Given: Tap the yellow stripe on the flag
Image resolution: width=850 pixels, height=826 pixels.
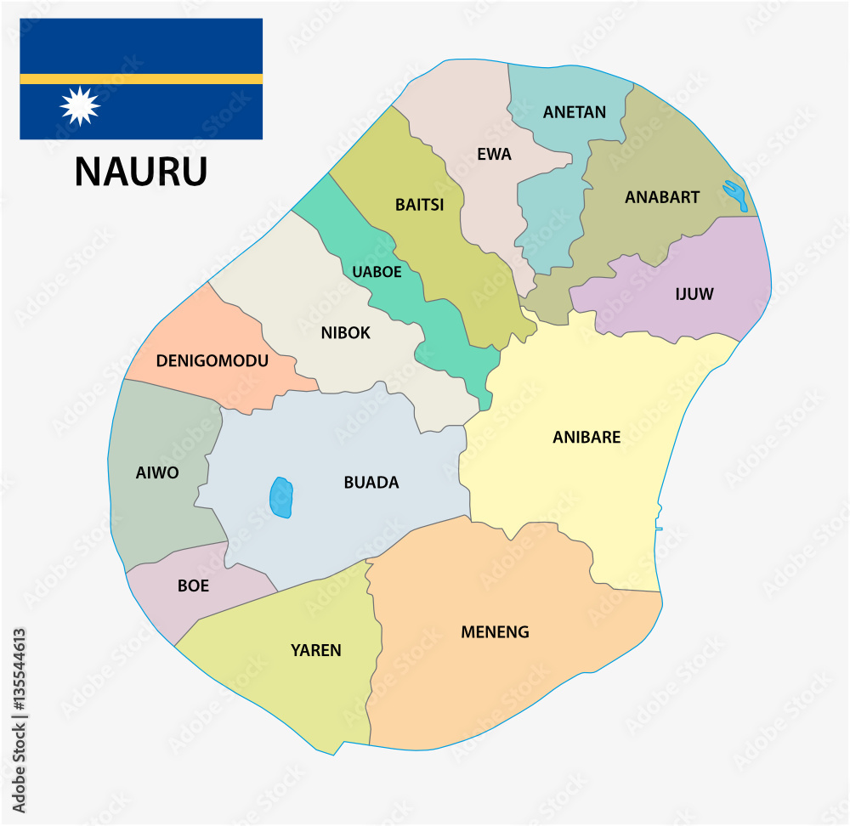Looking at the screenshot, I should click(x=141, y=78).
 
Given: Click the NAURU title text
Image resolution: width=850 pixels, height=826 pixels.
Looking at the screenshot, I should click(x=141, y=171).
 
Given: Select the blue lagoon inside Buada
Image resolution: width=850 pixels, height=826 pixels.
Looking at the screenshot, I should click(x=281, y=498).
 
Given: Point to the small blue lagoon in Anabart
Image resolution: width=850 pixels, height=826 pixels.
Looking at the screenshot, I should click(x=736, y=195).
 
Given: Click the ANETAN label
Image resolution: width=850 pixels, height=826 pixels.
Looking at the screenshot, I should click(x=575, y=112).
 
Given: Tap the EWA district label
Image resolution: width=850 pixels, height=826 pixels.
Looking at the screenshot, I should click(x=495, y=155).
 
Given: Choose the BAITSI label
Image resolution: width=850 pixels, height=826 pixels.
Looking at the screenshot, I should click(x=420, y=205).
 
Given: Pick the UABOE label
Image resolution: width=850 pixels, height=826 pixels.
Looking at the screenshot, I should click(x=377, y=273).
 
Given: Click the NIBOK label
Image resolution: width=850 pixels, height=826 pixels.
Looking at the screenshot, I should click(x=346, y=333).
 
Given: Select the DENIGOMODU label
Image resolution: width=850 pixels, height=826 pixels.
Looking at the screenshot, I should click(x=212, y=361).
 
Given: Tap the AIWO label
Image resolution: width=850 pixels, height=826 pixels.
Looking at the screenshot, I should click(x=157, y=472).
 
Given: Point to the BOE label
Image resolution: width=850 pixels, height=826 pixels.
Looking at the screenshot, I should click(x=193, y=586).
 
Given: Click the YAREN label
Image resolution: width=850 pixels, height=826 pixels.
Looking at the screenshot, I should click(x=316, y=651).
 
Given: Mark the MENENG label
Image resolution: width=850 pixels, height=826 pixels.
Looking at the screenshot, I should click(x=495, y=632).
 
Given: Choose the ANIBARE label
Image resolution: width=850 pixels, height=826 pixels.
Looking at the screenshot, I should click(x=586, y=438).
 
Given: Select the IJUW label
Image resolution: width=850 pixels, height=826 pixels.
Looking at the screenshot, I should click(x=694, y=295).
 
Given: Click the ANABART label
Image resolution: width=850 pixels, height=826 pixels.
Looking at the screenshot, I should click(x=662, y=197).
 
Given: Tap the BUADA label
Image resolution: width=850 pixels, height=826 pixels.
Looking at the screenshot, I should click(x=371, y=483).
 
